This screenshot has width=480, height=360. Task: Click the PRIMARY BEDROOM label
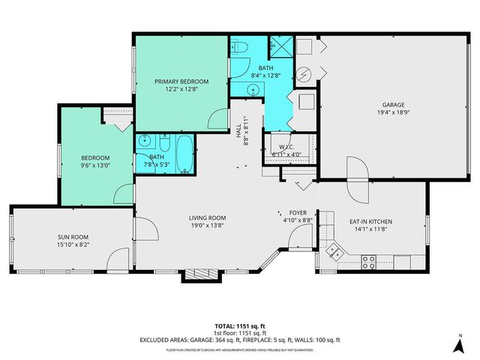tap(181, 81)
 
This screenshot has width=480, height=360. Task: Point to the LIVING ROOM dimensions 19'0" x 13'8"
tap(207, 226)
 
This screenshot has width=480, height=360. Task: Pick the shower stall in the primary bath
tap(280, 47)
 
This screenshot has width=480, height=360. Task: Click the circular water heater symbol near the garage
tap(304, 74)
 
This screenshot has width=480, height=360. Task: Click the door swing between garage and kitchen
tap(357, 181)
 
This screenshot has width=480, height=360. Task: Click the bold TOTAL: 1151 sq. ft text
tap(239, 326)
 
